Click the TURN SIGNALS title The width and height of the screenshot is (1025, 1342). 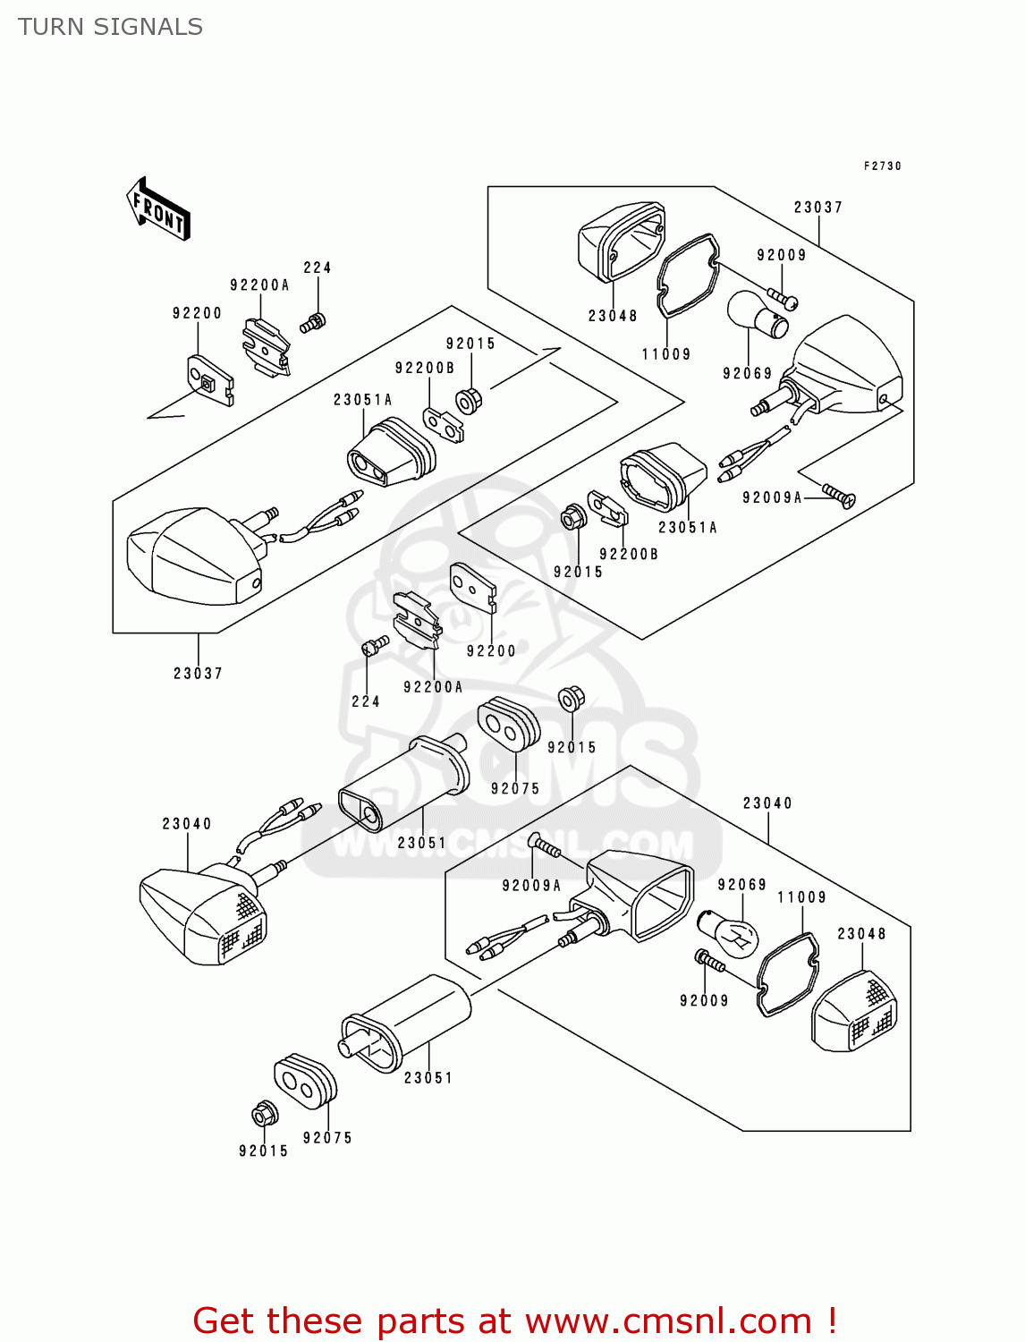point(110,28)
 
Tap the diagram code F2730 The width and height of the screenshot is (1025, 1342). point(882,166)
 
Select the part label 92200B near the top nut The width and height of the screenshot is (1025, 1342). point(425,368)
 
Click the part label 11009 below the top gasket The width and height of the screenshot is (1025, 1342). point(666,354)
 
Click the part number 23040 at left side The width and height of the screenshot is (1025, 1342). point(187,824)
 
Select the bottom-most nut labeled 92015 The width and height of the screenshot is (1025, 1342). point(264,1114)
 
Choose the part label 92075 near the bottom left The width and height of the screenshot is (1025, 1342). point(327,1138)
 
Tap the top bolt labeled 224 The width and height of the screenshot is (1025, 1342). point(313,323)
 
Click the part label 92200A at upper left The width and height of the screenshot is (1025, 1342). point(259,285)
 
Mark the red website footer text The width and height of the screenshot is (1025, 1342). point(514,1321)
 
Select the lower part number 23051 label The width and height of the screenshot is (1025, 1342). point(428,1078)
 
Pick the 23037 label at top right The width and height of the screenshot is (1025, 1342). point(817,208)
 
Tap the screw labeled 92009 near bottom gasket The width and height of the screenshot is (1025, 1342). point(712,962)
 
